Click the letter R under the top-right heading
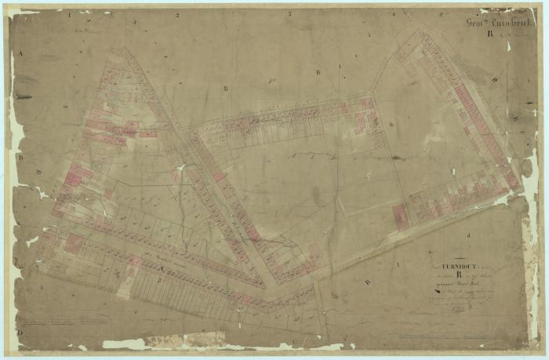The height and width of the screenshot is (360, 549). click(489, 34)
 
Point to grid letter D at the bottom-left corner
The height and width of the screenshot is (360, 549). click(21, 332)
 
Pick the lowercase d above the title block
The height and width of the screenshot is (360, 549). click(468, 235)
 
